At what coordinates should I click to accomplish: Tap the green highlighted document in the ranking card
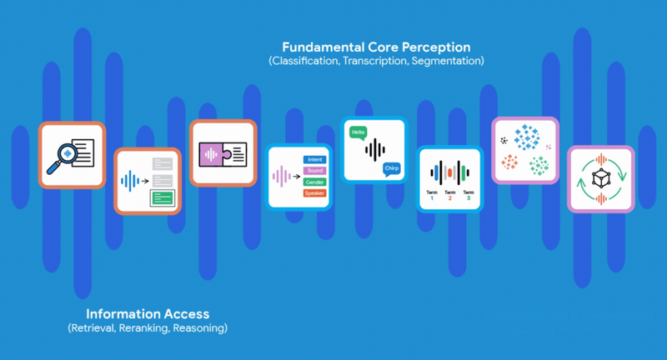click(163, 198)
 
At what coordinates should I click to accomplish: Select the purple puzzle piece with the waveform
click(210, 154)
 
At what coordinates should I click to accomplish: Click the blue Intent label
click(314, 158)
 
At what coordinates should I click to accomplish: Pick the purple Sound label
click(314, 170)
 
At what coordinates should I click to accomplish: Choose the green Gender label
click(314, 182)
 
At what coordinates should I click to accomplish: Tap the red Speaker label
click(314, 193)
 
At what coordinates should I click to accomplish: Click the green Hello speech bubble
click(359, 132)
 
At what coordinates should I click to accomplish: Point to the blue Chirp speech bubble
click(391, 169)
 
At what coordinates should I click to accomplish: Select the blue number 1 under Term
click(431, 198)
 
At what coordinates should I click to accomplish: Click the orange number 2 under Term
click(449, 198)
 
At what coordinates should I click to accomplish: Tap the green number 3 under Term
click(469, 198)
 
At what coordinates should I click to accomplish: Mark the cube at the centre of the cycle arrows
click(600, 178)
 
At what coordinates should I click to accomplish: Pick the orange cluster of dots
click(509, 162)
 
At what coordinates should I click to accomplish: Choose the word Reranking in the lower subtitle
click(146, 329)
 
